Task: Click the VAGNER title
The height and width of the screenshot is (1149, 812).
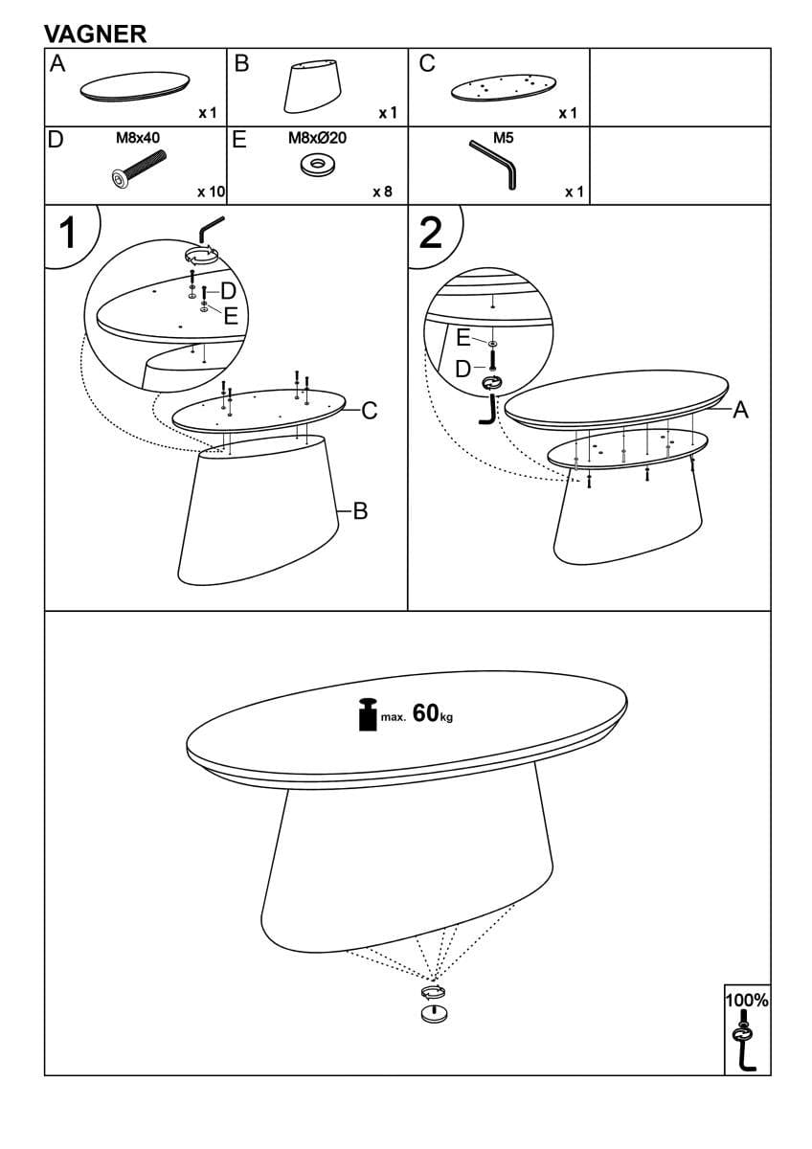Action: pos(96,34)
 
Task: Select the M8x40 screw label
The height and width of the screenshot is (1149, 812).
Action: pos(138,138)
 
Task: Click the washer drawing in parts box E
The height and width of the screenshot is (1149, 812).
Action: pos(317,165)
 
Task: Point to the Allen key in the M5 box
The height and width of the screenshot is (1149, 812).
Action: pos(493,164)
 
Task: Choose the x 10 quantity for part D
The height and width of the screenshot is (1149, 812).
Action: pos(212,191)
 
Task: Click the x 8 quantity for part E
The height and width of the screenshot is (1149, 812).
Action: pos(382,191)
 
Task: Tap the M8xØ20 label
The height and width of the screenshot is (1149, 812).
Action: pos(317,138)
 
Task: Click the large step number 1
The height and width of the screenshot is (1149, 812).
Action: pos(69,233)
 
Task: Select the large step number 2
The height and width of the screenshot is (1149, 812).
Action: pos(431,233)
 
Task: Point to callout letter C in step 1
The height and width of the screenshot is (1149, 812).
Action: pos(370,411)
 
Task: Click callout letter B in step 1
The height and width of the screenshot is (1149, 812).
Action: pos(361,511)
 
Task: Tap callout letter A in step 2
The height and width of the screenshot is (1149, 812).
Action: pos(741,410)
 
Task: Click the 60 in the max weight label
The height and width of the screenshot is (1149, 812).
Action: pos(425,712)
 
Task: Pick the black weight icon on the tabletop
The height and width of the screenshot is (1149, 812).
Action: pos(368,714)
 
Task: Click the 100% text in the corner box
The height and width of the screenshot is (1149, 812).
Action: pos(746,1000)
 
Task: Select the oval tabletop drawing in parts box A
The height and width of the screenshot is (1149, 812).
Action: pos(135,85)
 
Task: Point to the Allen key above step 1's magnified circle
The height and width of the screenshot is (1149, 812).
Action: pos(211,228)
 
